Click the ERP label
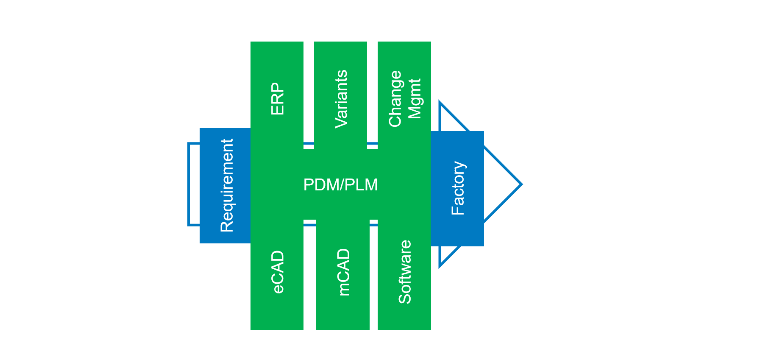tap(277, 99)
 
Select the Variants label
tap(341, 99)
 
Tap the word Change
tap(395, 99)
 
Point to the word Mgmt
tap(415, 99)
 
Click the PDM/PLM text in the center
tap(340, 185)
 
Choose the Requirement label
tap(227, 185)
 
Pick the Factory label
tap(458, 188)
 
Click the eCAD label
tap(278, 272)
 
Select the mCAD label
tap(343, 272)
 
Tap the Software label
tap(405, 272)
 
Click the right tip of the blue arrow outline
tap(521, 184)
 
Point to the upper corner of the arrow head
tap(440, 103)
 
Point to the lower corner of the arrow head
tap(440, 265)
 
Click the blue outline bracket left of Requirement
tap(189, 184)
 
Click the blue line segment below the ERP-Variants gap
tap(309, 144)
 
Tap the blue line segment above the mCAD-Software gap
tap(373, 224)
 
